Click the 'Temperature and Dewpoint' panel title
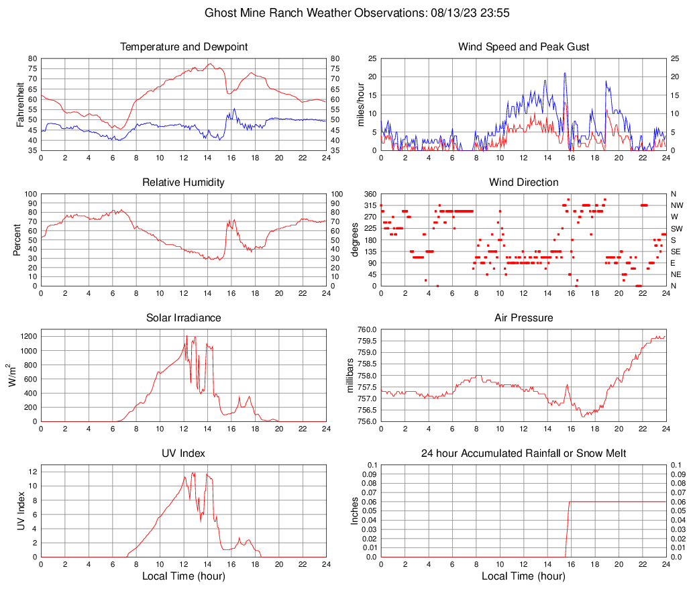[x=184, y=47]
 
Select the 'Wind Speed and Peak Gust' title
[x=523, y=47]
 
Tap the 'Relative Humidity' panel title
[x=184, y=182]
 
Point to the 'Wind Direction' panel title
[x=523, y=182]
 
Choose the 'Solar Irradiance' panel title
[x=184, y=318]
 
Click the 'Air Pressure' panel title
[x=523, y=318]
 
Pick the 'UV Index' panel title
[x=184, y=453]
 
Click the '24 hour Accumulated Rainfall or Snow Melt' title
[x=523, y=453]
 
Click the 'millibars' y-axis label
[x=356, y=376]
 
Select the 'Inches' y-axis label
[x=356, y=511]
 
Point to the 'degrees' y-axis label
[x=356, y=239]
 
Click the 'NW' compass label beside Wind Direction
[x=676, y=205]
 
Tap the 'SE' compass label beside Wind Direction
[x=676, y=252]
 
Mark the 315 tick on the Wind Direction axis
[x=369, y=205]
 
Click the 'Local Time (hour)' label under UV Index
[x=184, y=576]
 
